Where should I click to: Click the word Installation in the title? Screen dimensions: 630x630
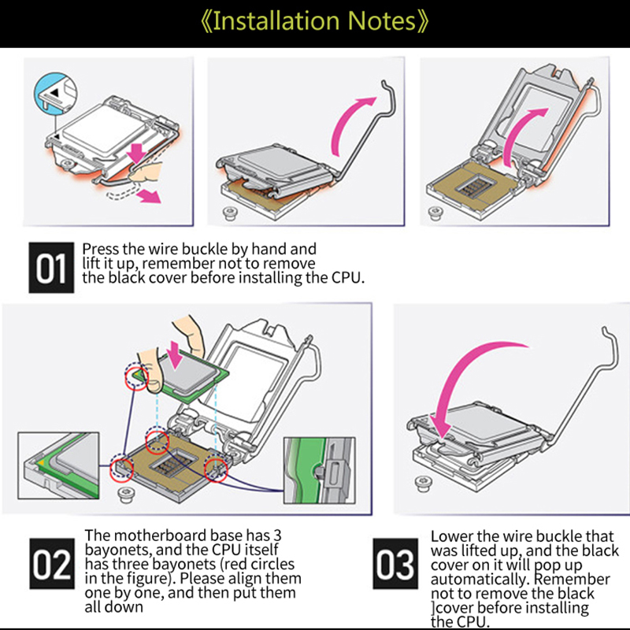(276, 21)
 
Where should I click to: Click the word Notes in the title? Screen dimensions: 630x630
(382, 21)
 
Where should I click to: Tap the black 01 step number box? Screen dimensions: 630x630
(51, 268)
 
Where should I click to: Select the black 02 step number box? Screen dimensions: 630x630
(52, 564)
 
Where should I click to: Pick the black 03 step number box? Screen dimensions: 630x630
(395, 564)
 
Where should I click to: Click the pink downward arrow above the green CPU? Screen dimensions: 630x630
(176, 354)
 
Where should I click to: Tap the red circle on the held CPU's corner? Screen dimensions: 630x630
(136, 377)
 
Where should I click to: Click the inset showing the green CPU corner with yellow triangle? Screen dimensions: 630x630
(58, 465)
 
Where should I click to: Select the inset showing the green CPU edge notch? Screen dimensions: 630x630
(320, 470)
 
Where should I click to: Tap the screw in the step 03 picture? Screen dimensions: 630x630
(423, 484)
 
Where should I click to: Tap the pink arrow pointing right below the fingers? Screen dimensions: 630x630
(149, 196)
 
